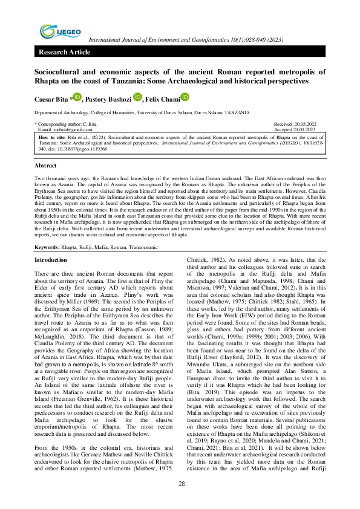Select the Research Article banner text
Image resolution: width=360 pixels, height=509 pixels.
pos(64,53)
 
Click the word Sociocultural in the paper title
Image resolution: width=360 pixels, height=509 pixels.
pos(60,71)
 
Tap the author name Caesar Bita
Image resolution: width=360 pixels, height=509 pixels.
pos(50,98)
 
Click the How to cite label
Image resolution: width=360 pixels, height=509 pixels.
pos(51,137)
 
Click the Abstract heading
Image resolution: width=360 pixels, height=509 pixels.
pos(45,165)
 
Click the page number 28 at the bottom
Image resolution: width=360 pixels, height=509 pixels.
pos(181,482)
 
